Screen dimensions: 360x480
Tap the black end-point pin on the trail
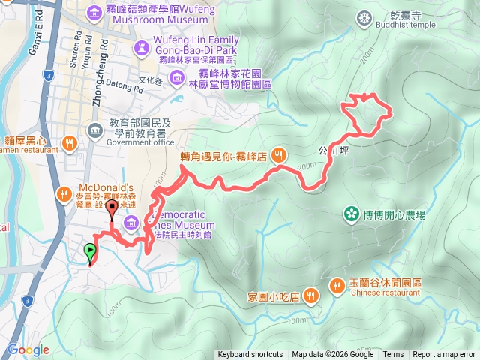click(112, 208)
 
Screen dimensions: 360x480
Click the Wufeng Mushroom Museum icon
click(94, 11)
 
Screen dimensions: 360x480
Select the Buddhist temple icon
click(364, 16)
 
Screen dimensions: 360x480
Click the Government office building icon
click(94, 130)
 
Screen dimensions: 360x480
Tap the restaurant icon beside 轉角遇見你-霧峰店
click(278, 155)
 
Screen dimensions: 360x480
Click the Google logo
click(28, 349)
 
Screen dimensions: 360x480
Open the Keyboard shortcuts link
click(250, 355)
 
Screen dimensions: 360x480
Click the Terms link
click(393, 355)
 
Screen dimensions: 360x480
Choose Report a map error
click(444, 355)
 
